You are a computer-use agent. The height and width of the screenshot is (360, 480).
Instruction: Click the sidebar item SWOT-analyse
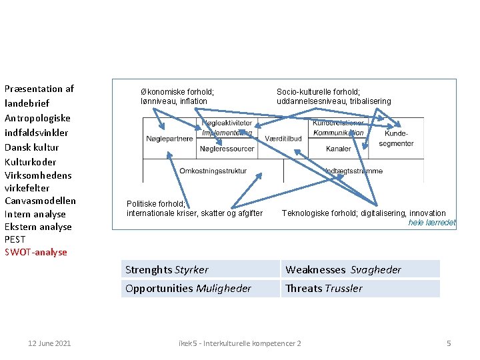tap(36, 252)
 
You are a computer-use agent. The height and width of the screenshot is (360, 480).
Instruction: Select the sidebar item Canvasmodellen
tap(40, 201)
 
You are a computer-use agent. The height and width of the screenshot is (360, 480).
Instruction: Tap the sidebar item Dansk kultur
tap(31, 147)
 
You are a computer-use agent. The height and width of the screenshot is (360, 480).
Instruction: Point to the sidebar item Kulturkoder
tap(30, 162)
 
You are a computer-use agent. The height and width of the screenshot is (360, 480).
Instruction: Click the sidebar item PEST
tap(15, 239)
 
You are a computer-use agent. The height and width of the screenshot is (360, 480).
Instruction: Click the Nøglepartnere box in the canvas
tap(169, 139)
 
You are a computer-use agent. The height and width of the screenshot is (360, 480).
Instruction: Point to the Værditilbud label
tap(283, 139)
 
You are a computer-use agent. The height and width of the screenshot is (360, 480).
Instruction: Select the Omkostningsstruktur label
tap(213, 171)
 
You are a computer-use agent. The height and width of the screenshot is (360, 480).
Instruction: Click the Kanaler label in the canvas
tap(339, 149)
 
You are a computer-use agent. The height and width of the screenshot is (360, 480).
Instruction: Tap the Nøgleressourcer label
tap(227, 149)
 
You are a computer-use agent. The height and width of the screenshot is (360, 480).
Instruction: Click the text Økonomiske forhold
tap(177, 92)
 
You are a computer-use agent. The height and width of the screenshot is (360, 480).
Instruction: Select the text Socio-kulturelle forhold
tap(318, 92)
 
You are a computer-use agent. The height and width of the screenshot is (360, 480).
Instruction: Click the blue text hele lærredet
tap(432, 223)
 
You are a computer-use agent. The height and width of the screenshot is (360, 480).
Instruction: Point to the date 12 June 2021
tap(49, 343)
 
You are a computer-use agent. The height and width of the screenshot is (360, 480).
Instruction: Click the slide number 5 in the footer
tap(449, 343)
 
